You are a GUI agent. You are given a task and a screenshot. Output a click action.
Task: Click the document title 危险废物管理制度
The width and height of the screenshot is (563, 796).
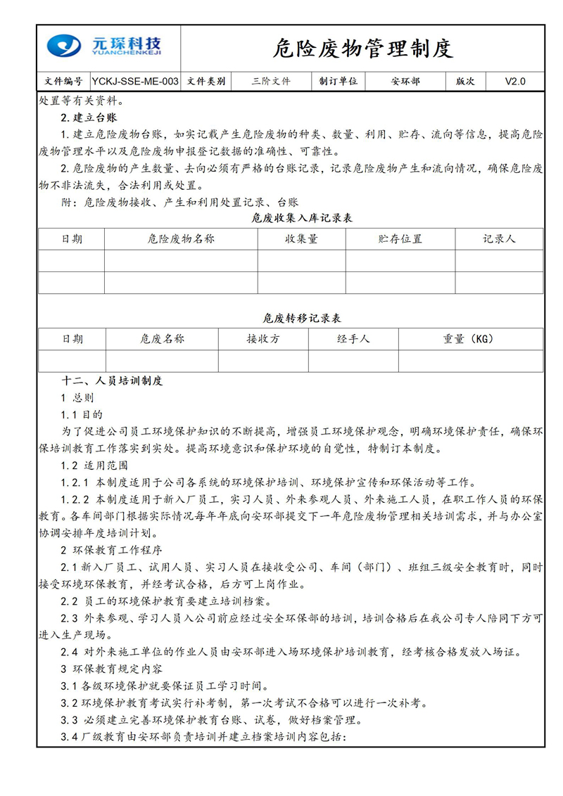point(362,49)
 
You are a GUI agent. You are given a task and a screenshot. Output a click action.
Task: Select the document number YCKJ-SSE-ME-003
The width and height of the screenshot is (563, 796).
point(135,82)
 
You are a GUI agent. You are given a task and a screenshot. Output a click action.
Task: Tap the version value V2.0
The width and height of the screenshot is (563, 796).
point(515,82)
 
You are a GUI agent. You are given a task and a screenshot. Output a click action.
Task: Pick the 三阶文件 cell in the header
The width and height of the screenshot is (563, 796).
point(271,82)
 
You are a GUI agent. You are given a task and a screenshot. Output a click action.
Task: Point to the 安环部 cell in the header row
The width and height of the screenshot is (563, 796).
point(405,82)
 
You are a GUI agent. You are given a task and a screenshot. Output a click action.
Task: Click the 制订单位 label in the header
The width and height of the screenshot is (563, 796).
point(339,82)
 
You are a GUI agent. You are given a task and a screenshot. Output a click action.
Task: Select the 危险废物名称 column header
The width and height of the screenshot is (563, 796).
point(181,239)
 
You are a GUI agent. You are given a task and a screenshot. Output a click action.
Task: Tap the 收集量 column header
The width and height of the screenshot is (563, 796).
point(301,239)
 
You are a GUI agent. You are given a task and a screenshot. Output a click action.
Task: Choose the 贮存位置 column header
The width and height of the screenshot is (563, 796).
point(400,239)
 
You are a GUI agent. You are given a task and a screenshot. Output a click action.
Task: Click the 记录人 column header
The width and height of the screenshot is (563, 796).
point(499,239)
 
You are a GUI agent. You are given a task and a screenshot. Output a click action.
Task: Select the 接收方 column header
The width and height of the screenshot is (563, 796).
point(263,339)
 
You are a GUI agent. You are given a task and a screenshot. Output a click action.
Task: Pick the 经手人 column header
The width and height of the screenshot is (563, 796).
point(353,339)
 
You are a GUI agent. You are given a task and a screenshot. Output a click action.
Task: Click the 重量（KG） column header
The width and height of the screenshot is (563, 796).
point(469,339)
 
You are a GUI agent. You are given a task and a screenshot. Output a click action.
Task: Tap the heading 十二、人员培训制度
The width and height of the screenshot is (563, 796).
point(113,381)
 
